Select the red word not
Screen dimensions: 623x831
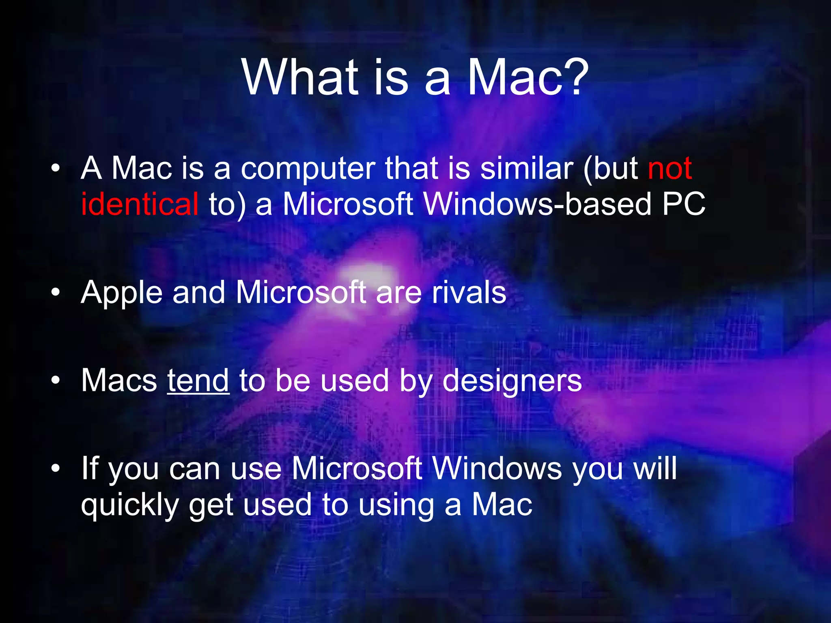(x=670, y=168)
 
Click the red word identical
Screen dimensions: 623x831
(x=140, y=204)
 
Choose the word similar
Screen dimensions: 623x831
(x=527, y=168)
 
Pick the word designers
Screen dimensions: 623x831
(x=512, y=381)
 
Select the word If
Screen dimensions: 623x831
(x=90, y=468)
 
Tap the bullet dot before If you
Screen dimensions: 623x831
(x=56, y=469)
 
